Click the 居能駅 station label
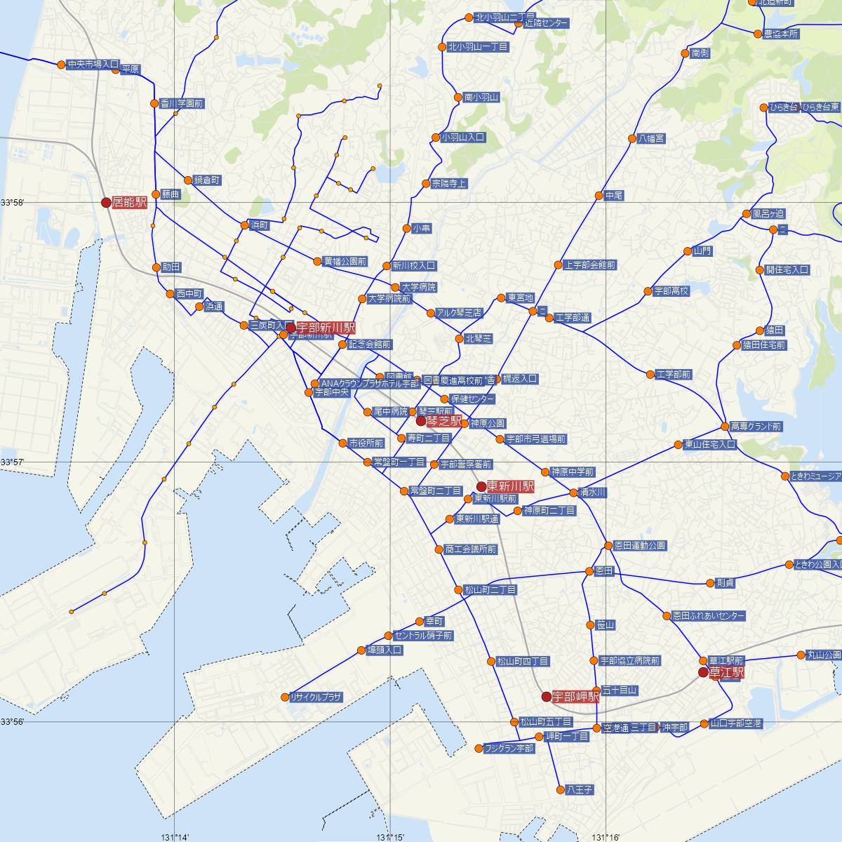point(130,202)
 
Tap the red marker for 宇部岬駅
point(546,697)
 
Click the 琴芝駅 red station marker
point(421,421)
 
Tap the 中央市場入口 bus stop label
point(93,64)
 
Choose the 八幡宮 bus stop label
point(651,139)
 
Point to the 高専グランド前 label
point(755,426)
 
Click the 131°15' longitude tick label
point(390,836)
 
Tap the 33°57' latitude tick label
point(13,462)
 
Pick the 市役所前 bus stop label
point(366,443)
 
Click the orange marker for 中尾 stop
point(599,196)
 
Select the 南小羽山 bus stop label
point(481,98)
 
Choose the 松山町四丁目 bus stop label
point(523,661)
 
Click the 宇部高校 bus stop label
point(671,290)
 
